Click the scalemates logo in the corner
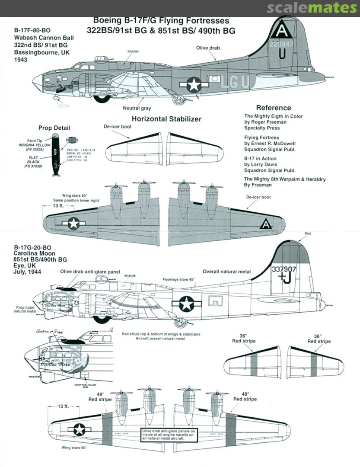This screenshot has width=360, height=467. click(312, 8)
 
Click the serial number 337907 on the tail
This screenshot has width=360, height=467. click(284, 268)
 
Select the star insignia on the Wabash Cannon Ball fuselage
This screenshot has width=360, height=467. click(194, 85)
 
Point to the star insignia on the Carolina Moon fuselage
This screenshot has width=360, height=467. click(186, 304)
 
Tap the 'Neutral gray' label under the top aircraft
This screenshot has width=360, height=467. click(137, 108)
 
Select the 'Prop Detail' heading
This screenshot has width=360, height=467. click(54, 128)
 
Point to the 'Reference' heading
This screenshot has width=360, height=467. click(273, 108)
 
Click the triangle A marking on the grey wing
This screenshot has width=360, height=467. click(266, 224)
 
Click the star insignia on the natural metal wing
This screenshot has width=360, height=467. click(80, 429)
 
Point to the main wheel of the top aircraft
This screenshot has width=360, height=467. click(102, 97)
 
